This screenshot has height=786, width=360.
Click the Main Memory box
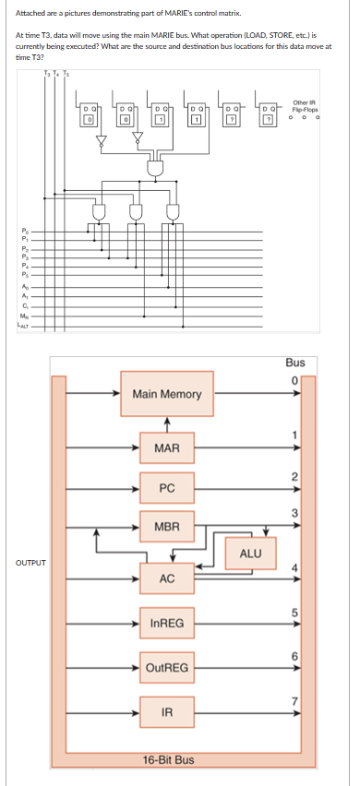(167, 394)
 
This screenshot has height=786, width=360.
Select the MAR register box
(167, 449)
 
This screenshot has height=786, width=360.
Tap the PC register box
(167, 487)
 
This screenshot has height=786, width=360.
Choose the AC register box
(167, 579)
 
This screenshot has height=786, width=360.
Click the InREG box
(167, 625)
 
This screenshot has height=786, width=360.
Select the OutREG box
(167, 667)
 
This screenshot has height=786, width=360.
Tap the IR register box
(167, 711)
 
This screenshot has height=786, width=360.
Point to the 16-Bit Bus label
(168, 760)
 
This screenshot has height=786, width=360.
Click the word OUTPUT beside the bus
(28, 562)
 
